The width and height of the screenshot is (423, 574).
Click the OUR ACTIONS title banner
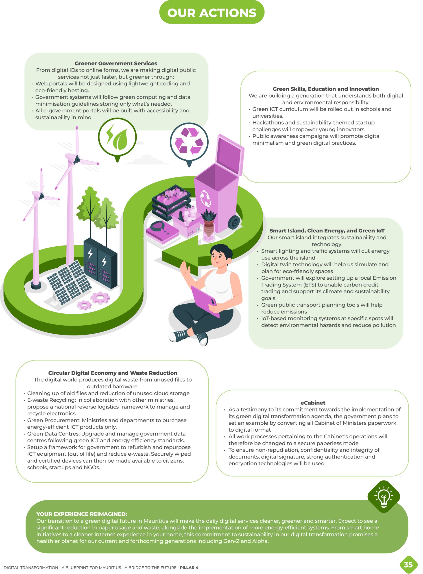pyautogui.click(x=211, y=12)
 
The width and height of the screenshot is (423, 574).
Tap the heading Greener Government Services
pyautogui.click(x=116, y=63)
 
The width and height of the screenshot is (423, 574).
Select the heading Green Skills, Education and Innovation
pyautogui.click(x=325, y=89)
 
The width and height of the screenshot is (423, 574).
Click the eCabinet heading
pyautogui.click(x=313, y=402)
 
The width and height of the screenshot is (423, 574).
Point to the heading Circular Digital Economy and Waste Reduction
pyautogui.click(x=113, y=373)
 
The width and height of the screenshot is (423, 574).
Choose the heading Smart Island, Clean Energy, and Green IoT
pyautogui.click(x=327, y=230)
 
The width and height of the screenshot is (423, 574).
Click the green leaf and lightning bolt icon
pyautogui.click(x=117, y=138)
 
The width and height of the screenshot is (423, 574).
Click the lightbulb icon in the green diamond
pyautogui.click(x=383, y=497)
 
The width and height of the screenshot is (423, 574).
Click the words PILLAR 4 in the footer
pyautogui.click(x=189, y=567)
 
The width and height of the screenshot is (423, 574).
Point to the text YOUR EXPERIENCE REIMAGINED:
pyautogui.click(x=82, y=514)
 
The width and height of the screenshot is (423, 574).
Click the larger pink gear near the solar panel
pyautogui.click(x=100, y=298)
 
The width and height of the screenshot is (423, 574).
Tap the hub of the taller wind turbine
pyautogui.click(x=76, y=160)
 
